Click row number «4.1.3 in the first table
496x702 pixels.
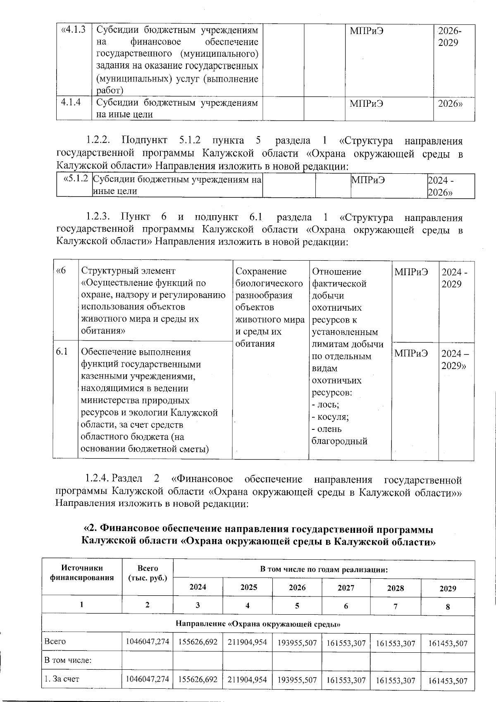click(74, 30)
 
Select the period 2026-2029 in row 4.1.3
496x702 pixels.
click(450, 36)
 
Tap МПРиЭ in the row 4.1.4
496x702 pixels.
click(366, 103)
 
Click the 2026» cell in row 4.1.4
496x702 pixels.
click(450, 103)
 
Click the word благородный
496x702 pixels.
click(339, 441)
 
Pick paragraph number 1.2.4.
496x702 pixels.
click(97, 479)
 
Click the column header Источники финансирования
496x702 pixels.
click(82, 573)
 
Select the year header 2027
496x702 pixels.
click(346, 587)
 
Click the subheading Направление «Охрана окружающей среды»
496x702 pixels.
click(258, 623)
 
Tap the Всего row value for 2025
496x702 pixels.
click(247, 642)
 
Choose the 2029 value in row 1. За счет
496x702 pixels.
click(448, 680)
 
